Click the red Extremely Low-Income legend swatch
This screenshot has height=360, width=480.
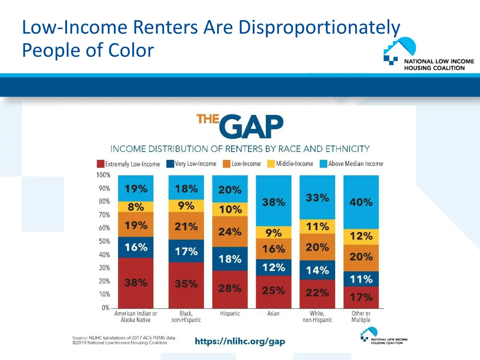click(100, 164)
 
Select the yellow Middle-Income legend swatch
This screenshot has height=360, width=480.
click(271, 164)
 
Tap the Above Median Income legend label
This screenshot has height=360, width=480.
click(356, 164)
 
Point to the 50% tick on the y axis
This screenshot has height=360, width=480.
click(104, 241)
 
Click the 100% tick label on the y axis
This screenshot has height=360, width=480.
click(103, 175)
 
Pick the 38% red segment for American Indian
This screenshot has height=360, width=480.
click(136, 283)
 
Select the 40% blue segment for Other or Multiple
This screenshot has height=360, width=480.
click(361, 202)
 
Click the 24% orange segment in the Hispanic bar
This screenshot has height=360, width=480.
click(230, 232)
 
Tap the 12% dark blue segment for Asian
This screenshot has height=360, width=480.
click(274, 267)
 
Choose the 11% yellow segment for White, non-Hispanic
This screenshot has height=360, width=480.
click(317, 226)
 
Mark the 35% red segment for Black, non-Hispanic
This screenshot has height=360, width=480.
click(186, 284)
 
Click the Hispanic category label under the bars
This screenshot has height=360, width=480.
click(230, 314)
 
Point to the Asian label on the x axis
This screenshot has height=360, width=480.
click(273, 314)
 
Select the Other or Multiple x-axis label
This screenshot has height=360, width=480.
click(361, 317)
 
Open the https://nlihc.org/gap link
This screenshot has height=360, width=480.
click(240, 341)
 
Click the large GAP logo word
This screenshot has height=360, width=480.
click(251, 127)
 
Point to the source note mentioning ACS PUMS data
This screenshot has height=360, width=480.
click(124, 340)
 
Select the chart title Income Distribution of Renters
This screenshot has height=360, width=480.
click(240, 149)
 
